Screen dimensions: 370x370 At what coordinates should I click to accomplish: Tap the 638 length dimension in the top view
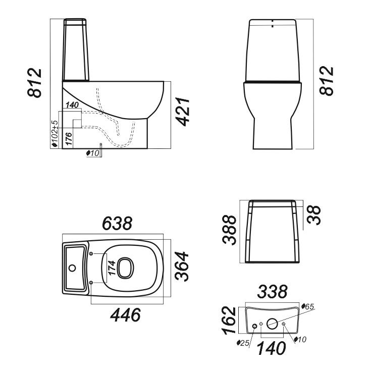117,223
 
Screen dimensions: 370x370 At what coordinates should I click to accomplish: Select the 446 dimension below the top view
126,315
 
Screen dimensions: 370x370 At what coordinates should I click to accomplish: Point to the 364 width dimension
182,267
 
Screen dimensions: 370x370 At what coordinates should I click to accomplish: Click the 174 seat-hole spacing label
112,268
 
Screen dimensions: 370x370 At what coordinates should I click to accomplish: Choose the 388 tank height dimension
229,230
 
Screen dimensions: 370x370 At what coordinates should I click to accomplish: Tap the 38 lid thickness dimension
314,215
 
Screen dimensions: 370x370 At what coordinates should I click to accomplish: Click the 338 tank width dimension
272,292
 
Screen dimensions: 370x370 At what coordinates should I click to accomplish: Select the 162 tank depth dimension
229,320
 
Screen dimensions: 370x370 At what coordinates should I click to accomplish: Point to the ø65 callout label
308,306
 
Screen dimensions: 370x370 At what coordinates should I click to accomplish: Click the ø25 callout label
243,343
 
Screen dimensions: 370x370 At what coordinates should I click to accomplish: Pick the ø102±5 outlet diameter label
55,134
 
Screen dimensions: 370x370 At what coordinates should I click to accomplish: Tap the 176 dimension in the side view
69,139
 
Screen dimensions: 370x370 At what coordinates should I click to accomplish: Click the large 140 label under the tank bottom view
271,348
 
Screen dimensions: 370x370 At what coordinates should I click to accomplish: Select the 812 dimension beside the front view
327,81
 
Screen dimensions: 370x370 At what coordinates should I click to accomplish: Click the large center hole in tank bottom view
272,324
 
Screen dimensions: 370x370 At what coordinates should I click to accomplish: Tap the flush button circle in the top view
72,268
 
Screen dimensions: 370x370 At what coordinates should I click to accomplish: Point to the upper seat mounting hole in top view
92,253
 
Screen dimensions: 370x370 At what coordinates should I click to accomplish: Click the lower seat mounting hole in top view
92,283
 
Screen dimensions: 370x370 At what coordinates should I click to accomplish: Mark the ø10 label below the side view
93,153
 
